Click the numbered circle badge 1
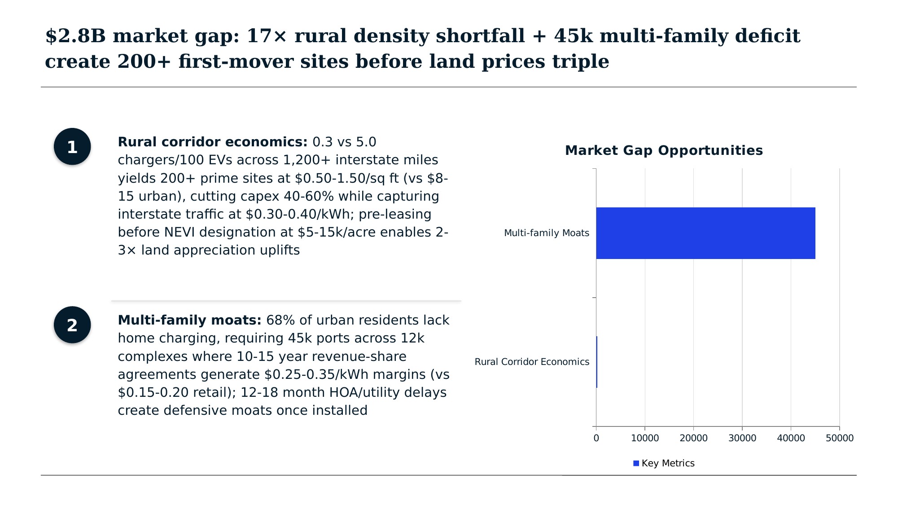(x=72, y=147)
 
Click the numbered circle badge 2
(x=72, y=325)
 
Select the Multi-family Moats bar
(x=705, y=233)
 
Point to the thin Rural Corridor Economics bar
(x=596, y=362)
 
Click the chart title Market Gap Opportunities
(x=664, y=150)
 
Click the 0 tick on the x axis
(x=596, y=438)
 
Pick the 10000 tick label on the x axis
(x=645, y=438)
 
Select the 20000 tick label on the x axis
(x=693, y=438)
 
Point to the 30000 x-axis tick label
(x=742, y=438)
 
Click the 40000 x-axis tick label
(x=791, y=438)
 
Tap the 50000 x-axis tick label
(x=840, y=438)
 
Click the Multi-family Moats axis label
(x=546, y=233)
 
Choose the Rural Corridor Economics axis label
(x=532, y=362)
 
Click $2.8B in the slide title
(x=75, y=36)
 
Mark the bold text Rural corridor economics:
(x=212, y=142)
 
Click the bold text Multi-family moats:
(x=189, y=321)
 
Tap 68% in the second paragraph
(x=280, y=321)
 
